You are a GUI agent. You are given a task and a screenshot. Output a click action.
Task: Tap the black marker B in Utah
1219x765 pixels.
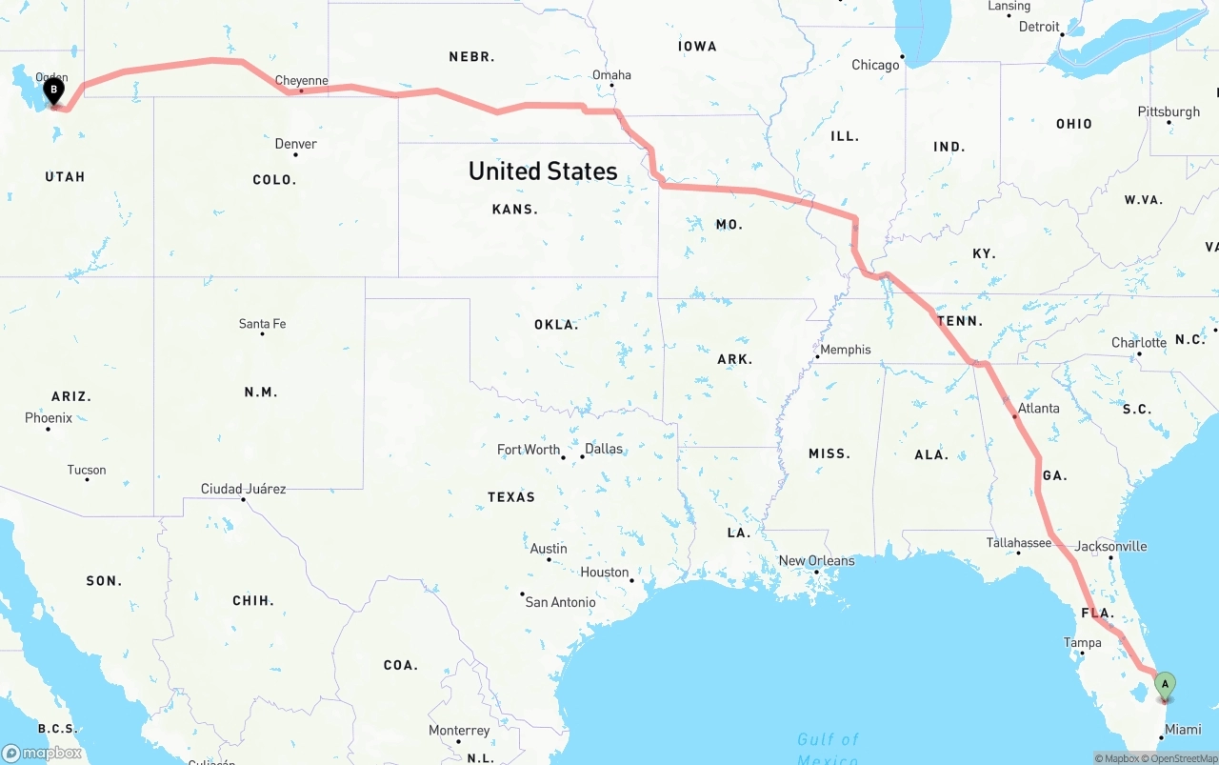pyautogui.click(x=54, y=91)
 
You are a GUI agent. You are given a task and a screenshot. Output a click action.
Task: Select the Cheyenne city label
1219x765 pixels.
pyautogui.click(x=301, y=81)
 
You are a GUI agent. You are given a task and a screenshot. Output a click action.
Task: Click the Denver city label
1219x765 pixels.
pyautogui.click(x=295, y=144)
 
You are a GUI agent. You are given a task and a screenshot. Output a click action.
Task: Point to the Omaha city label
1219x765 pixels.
pyautogui.click(x=611, y=75)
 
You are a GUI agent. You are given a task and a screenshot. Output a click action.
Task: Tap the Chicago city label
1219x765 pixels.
pyautogui.click(x=875, y=65)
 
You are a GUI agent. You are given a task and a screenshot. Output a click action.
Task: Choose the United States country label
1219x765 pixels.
pyautogui.click(x=543, y=171)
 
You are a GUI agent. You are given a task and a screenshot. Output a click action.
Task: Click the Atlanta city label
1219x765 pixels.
pyautogui.click(x=1038, y=408)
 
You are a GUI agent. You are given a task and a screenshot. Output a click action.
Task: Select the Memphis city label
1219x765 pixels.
pyautogui.click(x=845, y=350)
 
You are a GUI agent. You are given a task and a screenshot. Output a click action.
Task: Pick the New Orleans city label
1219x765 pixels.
pyautogui.click(x=816, y=560)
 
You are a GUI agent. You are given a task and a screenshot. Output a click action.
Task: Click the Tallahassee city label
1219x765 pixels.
pyautogui.click(x=1018, y=543)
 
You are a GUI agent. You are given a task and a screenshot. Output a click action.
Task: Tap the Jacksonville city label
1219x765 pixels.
pyautogui.click(x=1110, y=546)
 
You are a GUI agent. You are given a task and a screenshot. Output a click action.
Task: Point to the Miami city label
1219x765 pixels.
pyautogui.click(x=1183, y=730)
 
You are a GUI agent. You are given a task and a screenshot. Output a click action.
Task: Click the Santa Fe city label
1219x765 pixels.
pyautogui.click(x=262, y=324)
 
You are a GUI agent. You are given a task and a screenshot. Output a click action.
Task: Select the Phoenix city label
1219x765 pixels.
pyautogui.click(x=49, y=418)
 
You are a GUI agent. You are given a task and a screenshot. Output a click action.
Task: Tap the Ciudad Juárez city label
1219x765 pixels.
pyautogui.click(x=243, y=489)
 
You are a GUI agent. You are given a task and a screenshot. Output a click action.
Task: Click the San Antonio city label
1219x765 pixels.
pyautogui.click(x=560, y=602)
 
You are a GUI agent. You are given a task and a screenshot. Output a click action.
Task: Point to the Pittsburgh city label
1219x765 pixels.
pyautogui.click(x=1169, y=111)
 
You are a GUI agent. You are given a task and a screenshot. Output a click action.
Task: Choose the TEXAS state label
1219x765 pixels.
pyautogui.click(x=511, y=497)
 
